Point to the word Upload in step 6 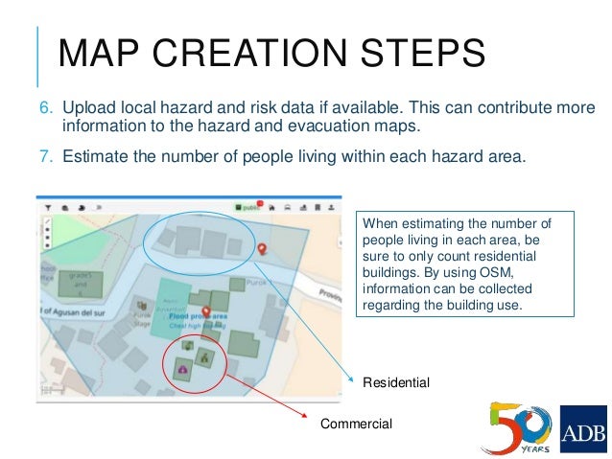pyautogui.click(x=89, y=108)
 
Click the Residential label pyautogui.click(x=395, y=382)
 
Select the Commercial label pyautogui.click(x=356, y=423)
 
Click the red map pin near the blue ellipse pyautogui.click(x=263, y=248)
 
